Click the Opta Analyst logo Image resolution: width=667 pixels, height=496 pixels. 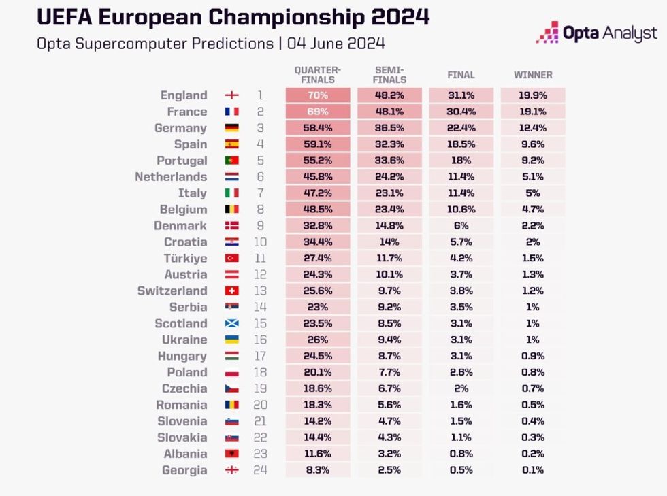click(x=596, y=33)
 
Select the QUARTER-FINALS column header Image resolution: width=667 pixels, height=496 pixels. click(x=317, y=75)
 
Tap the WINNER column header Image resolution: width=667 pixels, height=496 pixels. click(x=533, y=75)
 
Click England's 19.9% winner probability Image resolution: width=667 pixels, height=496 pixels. click(x=533, y=95)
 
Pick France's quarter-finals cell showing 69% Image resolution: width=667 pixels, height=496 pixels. click(x=317, y=112)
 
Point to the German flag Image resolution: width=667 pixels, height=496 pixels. click(x=231, y=128)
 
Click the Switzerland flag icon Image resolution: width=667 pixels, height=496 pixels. click(x=231, y=291)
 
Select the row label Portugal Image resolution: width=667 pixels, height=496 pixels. click(x=182, y=161)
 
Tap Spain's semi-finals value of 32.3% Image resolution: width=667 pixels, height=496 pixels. click(x=389, y=144)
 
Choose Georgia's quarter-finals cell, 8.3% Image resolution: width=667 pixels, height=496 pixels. click(x=317, y=470)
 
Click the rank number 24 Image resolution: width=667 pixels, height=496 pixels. click(x=260, y=470)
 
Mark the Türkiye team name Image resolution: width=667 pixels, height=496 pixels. click(x=185, y=259)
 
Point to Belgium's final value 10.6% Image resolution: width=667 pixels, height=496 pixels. click(x=461, y=210)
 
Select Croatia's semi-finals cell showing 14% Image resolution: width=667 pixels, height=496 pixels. click(x=389, y=242)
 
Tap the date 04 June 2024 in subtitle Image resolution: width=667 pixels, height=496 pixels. click(x=336, y=44)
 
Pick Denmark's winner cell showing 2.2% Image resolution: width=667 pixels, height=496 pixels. click(x=533, y=226)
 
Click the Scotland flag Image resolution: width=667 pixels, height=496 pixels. click(x=231, y=323)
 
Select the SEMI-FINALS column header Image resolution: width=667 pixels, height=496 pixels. click(x=389, y=75)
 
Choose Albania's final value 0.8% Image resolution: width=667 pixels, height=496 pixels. click(x=461, y=454)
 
